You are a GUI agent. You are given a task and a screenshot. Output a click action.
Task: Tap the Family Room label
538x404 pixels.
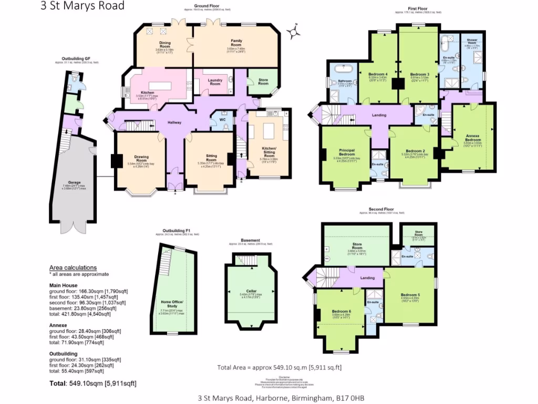236,43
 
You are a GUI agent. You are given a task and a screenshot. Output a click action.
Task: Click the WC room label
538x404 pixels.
222,120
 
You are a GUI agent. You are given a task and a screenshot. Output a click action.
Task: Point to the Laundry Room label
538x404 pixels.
215,82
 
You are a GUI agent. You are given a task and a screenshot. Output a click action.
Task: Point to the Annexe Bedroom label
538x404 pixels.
472,138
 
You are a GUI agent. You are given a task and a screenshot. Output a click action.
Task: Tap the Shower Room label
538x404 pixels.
471,42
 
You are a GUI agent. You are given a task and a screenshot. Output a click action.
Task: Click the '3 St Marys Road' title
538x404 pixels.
82,6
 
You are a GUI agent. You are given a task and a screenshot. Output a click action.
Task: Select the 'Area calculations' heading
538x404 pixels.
73,267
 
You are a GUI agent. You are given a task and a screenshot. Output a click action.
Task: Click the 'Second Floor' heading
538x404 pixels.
381,209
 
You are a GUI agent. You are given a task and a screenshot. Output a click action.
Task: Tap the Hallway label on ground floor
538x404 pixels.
174,123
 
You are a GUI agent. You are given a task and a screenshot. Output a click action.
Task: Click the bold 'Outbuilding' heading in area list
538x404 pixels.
63,353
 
